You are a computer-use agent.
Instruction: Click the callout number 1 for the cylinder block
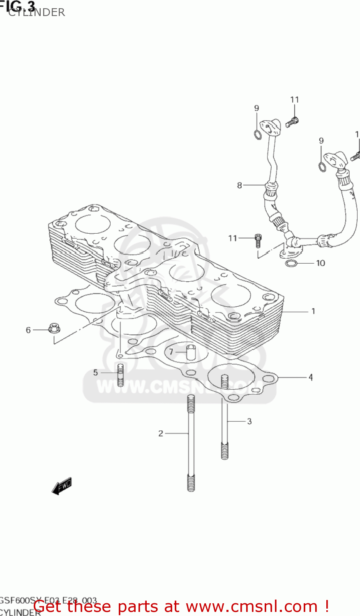(x=313, y=311)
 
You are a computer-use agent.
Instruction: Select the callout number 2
(x=161, y=433)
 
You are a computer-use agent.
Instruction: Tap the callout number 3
(x=249, y=421)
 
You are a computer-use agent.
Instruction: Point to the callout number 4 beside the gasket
(x=311, y=377)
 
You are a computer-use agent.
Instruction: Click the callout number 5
(x=95, y=372)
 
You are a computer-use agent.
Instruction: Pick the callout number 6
(x=28, y=330)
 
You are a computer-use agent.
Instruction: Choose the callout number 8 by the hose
(x=240, y=185)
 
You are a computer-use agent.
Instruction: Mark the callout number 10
(x=321, y=263)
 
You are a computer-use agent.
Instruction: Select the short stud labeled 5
(x=120, y=375)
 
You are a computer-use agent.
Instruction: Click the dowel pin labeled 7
(x=191, y=352)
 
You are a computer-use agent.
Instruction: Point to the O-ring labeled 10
(x=291, y=263)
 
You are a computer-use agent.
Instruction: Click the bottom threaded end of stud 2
(x=191, y=482)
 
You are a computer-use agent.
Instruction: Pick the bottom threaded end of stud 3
(x=224, y=451)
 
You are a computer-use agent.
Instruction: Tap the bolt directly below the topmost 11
(x=293, y=121)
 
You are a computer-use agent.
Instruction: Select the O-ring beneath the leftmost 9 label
(x=257, y=134)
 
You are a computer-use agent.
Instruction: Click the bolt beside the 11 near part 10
(x=258, y=240)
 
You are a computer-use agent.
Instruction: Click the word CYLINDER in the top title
(x=37, y=12)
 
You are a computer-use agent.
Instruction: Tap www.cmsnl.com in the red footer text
(x=252, y=606)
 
